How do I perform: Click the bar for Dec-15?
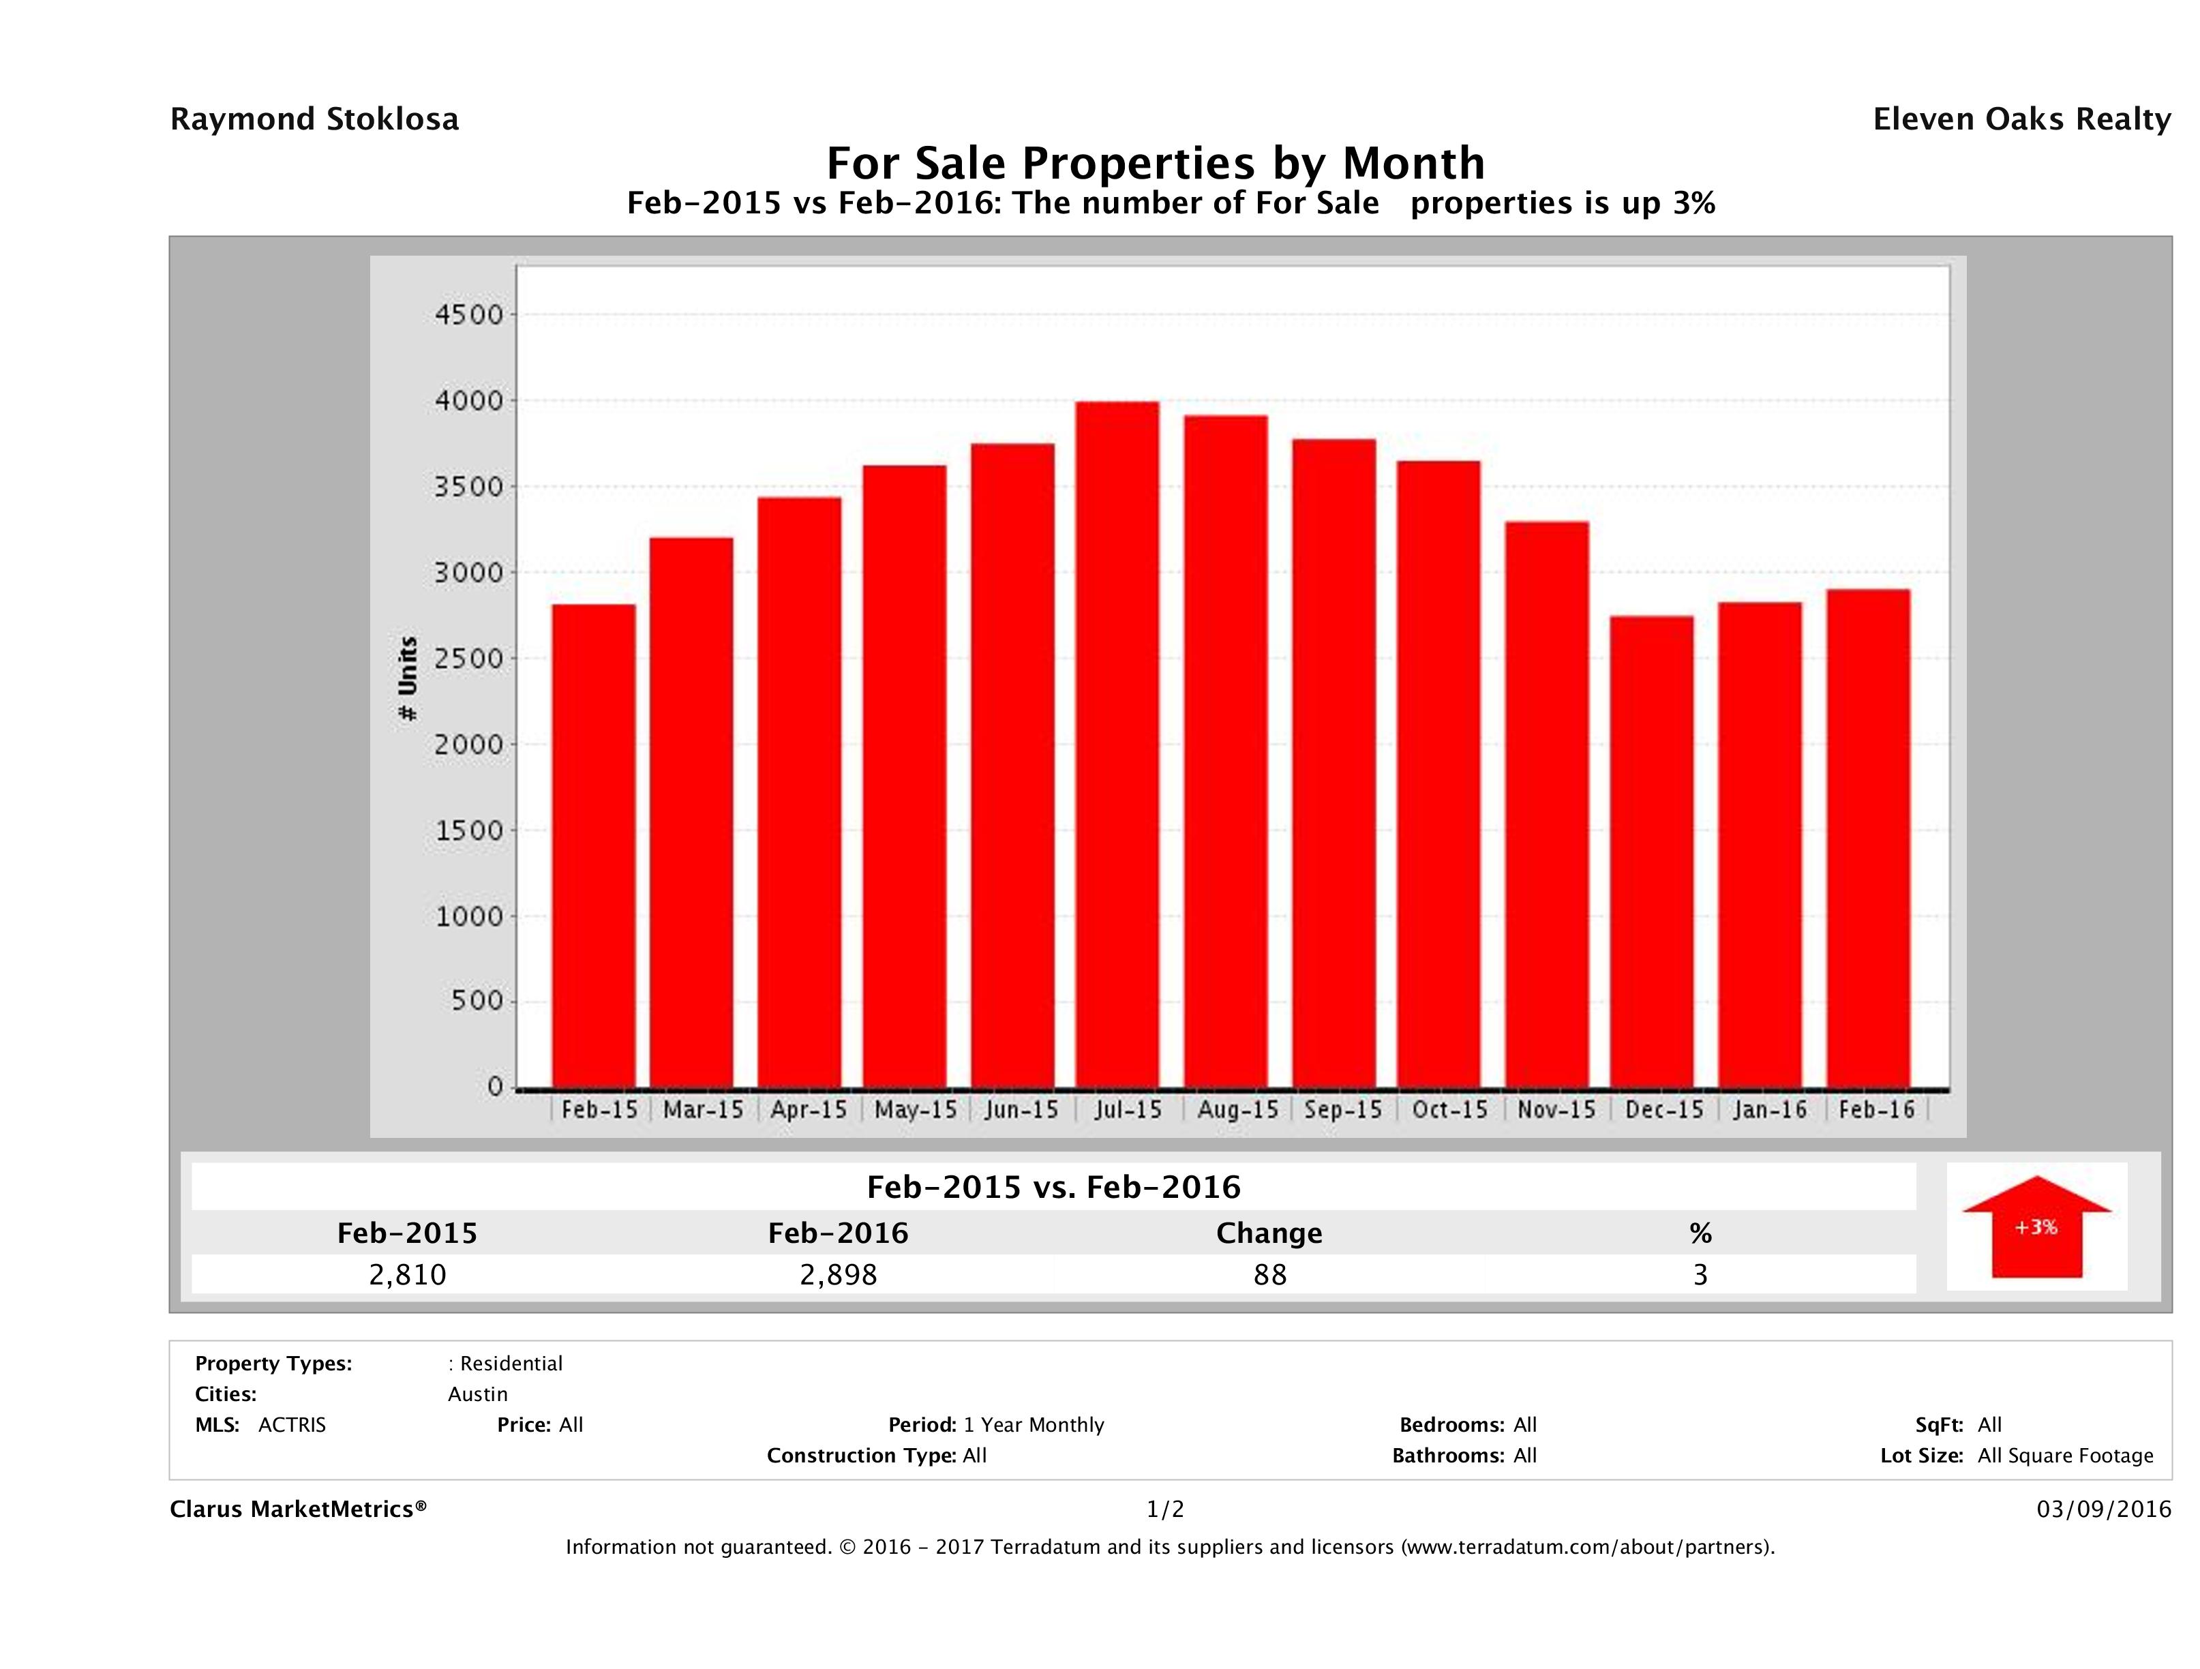(x=1652, y=852)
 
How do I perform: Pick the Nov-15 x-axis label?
(x=1556, y=1110)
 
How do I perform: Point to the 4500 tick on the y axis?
(x=470, y=315)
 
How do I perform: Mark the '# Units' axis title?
(x=408, y=678)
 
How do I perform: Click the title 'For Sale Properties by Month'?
(x=1155, y=163)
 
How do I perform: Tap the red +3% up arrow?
(x=2036, y=1227)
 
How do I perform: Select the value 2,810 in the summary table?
(x=407, y=1274)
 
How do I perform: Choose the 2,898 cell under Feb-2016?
(x=839, y=1274)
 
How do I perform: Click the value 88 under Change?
(x=1270, y=1274)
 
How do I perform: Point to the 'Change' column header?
(x=1269, y=1233)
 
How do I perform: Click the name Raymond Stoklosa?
(x=314, y=119)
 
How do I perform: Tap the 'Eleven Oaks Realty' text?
(x=2021, y=119)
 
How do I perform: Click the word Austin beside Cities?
(x=477, y=1394)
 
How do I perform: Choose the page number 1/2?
(x=1164, y=1510)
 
